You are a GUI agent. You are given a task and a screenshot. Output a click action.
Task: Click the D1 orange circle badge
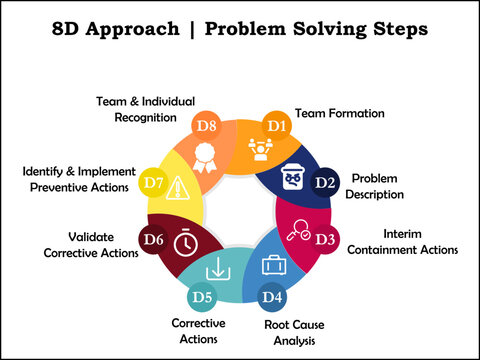(275, 126)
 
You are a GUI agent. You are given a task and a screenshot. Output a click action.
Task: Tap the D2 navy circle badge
(325, 182)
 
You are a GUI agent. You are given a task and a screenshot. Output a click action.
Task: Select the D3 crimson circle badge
(325, 240)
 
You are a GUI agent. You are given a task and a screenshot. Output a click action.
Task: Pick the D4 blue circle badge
(271, 297)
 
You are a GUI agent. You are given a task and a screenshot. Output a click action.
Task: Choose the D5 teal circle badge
(204, 297)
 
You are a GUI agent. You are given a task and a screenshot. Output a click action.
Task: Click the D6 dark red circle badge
(153, 240)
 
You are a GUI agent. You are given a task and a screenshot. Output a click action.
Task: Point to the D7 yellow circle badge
(152, 183)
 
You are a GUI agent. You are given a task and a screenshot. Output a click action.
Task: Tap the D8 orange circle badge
(207, 126)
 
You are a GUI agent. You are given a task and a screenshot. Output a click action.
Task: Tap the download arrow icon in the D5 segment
(216, 270)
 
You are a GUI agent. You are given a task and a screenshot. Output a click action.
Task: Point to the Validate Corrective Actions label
(90, 245)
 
